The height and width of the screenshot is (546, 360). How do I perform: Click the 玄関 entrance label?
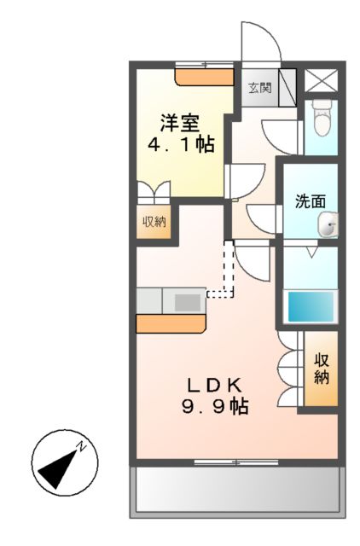[259, 86]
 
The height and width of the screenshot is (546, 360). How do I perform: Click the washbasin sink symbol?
[328, 225]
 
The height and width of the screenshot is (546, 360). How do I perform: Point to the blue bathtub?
[311, 305]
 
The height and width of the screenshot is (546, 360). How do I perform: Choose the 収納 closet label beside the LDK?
[321, 367]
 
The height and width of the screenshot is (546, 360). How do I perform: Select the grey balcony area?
[237, 490]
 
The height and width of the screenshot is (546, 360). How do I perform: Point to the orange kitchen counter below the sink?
[171, 323]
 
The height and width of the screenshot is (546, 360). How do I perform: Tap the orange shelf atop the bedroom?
[205, 77]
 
